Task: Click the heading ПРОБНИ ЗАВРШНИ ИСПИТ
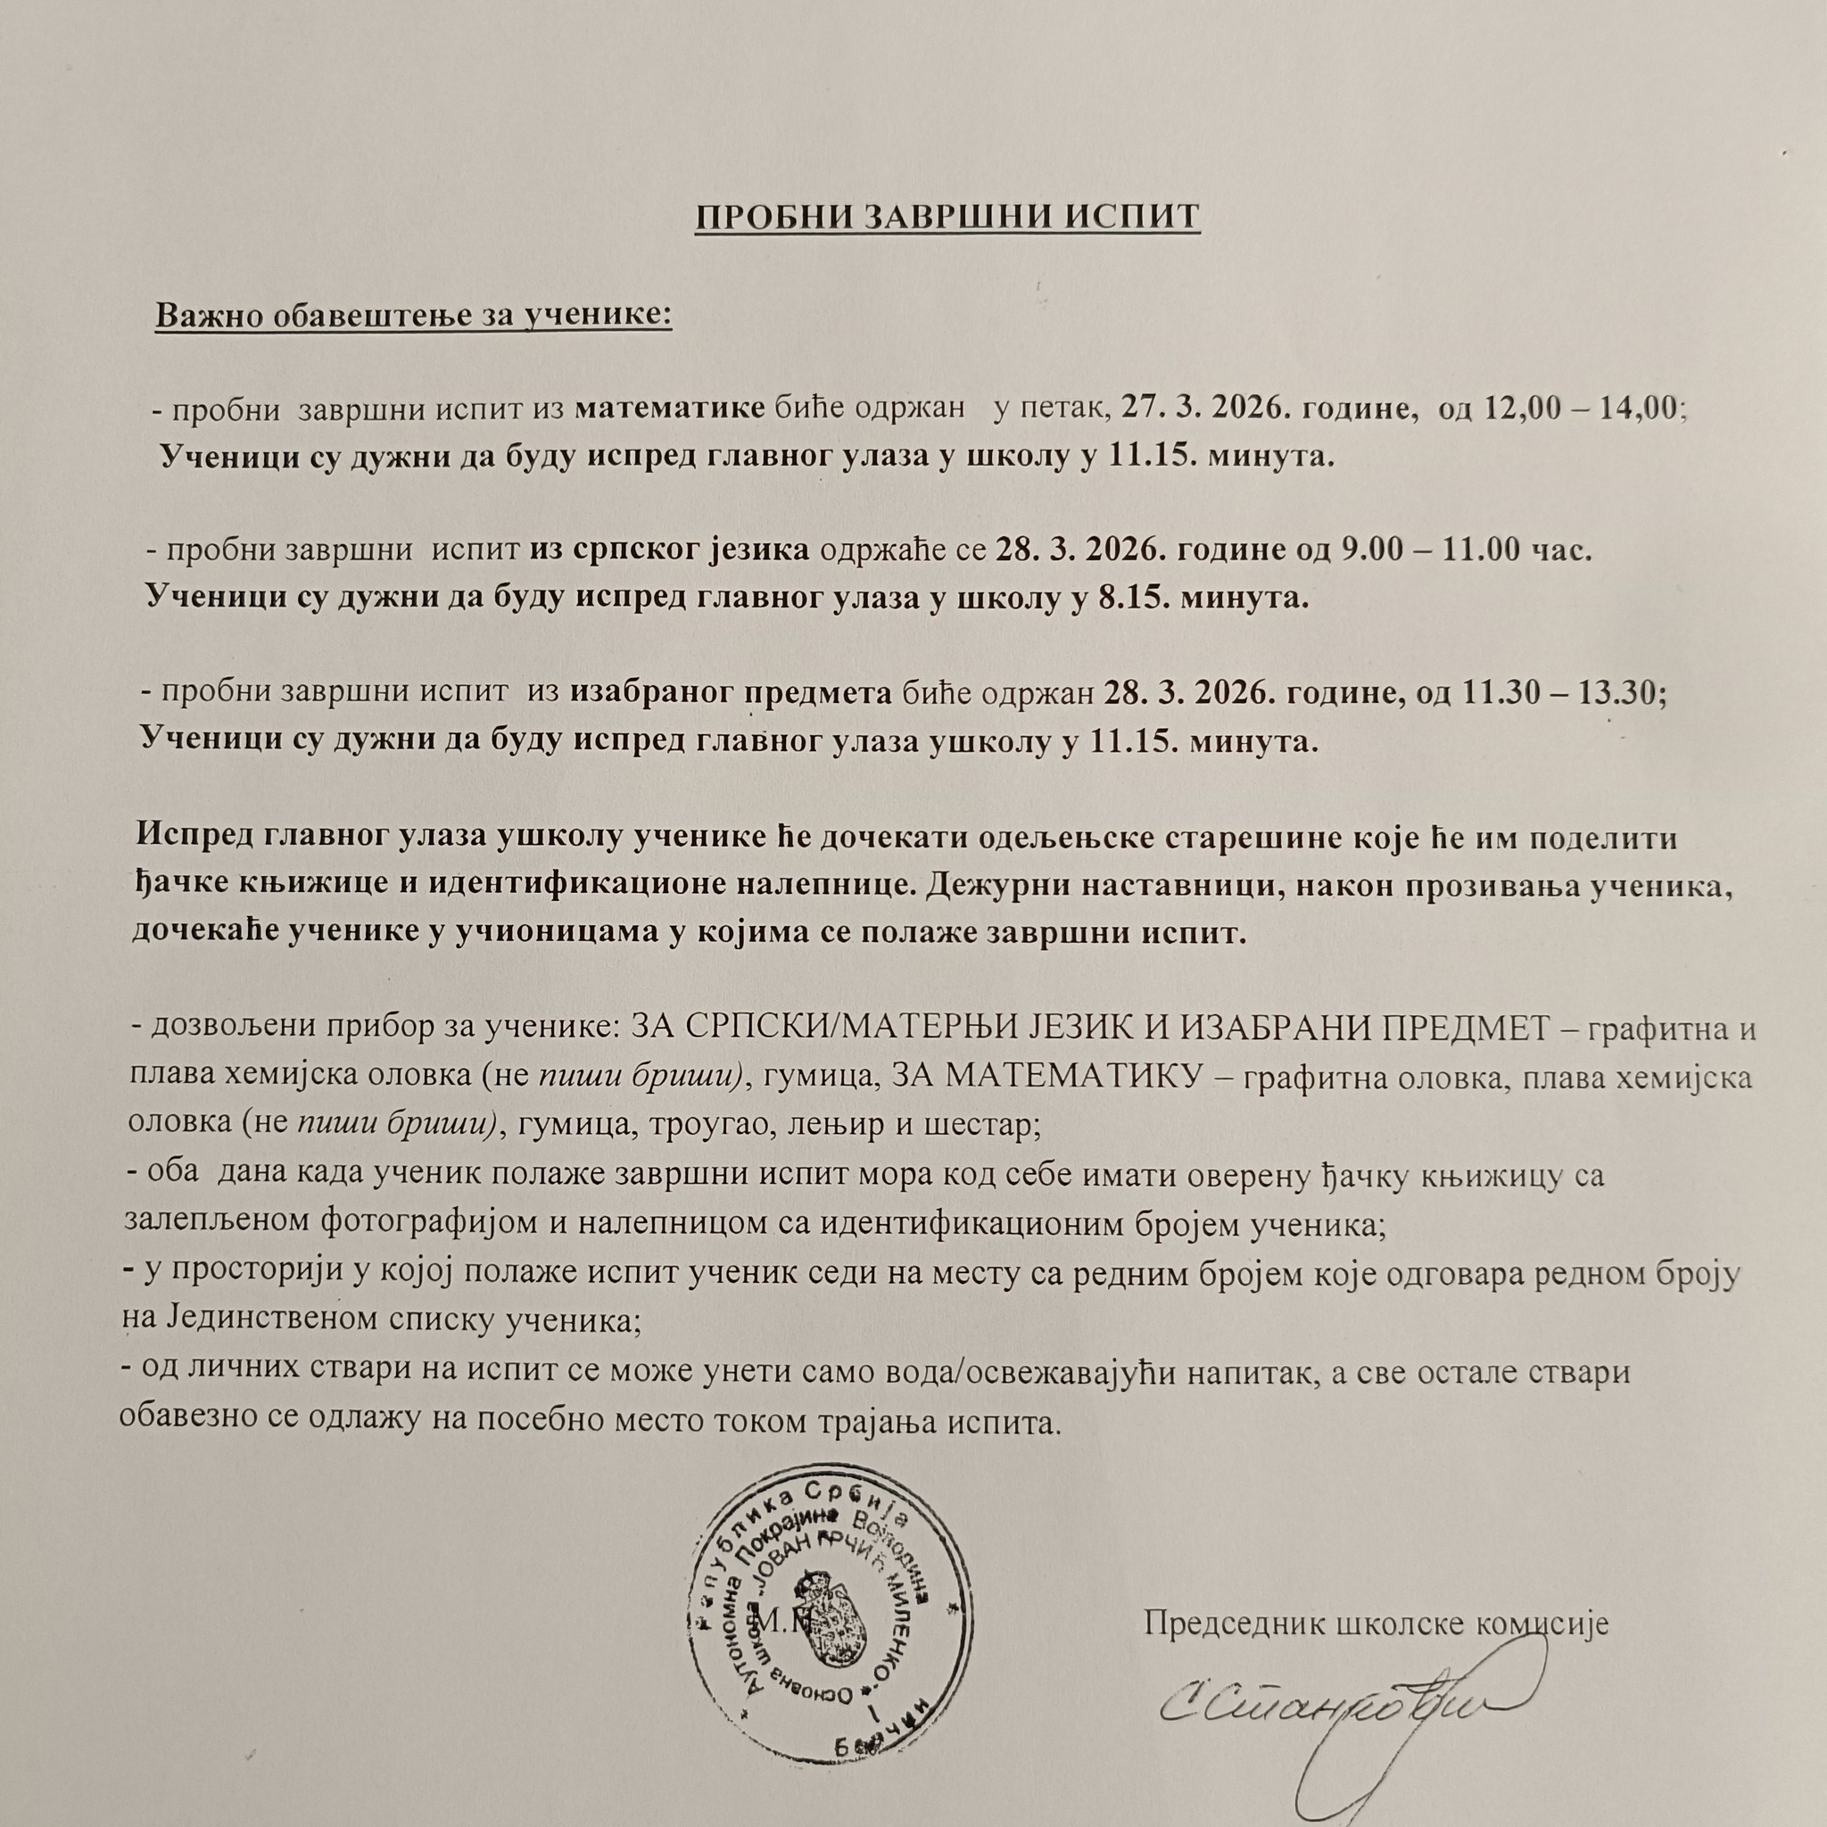click(x=947, y=217)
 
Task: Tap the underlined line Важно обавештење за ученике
click(x=413, y=314)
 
